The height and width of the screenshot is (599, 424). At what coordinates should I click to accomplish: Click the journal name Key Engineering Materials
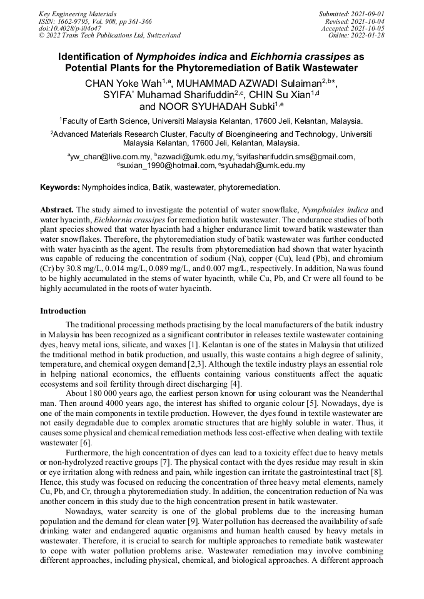click(x=77, y=13)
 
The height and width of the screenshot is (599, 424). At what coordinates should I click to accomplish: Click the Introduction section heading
click(x=63, y=311)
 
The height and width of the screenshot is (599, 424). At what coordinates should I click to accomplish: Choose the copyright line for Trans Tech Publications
click(x=109, y=36)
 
